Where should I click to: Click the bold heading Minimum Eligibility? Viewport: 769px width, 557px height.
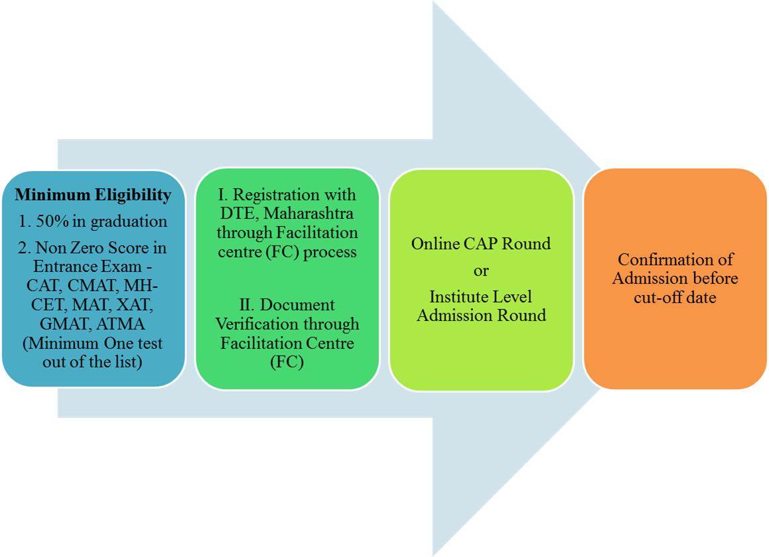93,195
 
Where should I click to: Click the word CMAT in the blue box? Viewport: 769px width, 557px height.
93,285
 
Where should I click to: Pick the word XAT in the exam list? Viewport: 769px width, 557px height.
134,304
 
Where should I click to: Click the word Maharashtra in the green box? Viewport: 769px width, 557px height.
309,214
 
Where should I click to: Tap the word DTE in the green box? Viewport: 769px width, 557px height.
238,214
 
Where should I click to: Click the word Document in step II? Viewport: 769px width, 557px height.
297,305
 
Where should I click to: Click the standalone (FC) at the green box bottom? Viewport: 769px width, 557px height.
287,362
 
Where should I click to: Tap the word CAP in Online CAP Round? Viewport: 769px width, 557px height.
480,244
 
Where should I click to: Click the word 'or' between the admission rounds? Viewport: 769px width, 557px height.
481,271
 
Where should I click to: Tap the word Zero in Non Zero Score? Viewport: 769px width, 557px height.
88,247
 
